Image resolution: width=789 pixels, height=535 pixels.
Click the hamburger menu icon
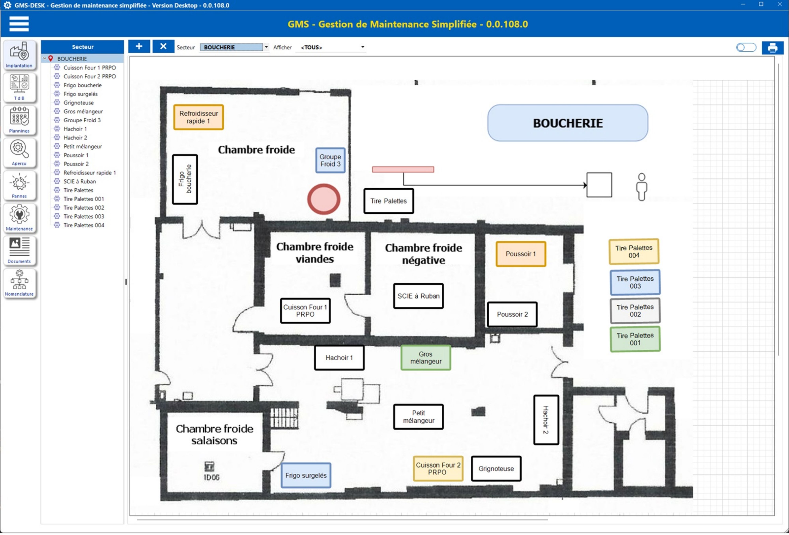click(x=19, y=24)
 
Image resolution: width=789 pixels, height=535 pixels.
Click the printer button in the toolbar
click(x=772, y=47)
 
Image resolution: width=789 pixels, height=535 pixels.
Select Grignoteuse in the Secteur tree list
click(x=79, y=103)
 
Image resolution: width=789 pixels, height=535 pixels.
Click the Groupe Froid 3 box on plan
click(x=330, y=160)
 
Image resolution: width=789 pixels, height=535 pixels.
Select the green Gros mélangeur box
click(x=426, y=358)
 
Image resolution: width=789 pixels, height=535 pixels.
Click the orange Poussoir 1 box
click(x=521, y=254)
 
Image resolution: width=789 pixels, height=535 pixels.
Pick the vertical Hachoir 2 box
click(x=546, y=420)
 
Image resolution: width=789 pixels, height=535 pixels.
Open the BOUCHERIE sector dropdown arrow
click(x=266, y=47)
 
